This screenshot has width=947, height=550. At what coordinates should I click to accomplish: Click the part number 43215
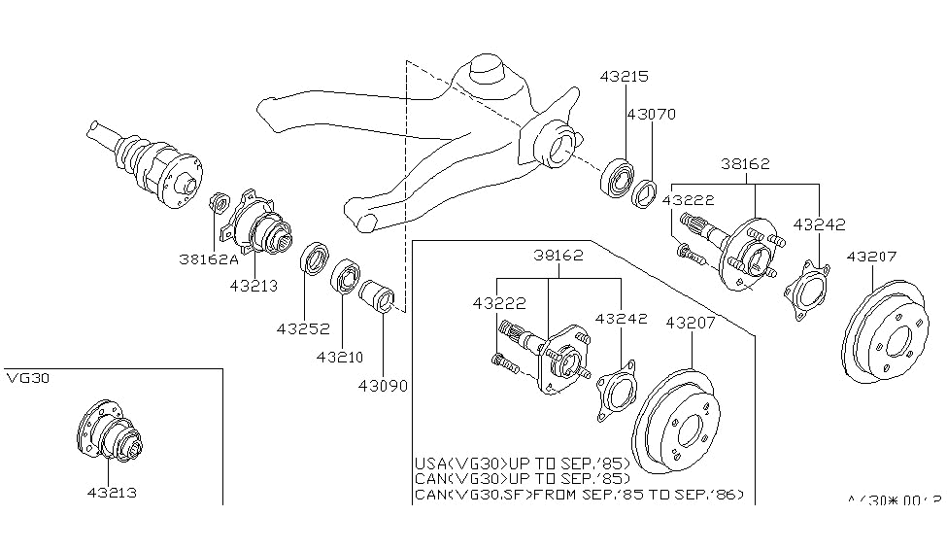[623, 76]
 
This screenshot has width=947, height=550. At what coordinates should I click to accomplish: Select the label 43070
[651, 114]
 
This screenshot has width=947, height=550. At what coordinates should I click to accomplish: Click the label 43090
[383, 385]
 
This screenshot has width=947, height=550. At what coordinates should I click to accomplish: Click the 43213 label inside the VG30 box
[109, 492]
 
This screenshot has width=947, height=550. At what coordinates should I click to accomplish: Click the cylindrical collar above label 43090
[377, 295]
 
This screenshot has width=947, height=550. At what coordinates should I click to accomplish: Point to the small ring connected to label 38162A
[220, 203]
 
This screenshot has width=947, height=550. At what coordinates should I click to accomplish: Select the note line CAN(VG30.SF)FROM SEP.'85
[579, 494]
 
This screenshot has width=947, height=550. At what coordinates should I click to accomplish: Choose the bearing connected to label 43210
[346, 277]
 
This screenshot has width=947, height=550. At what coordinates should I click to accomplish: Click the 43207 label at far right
[873, 257]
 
